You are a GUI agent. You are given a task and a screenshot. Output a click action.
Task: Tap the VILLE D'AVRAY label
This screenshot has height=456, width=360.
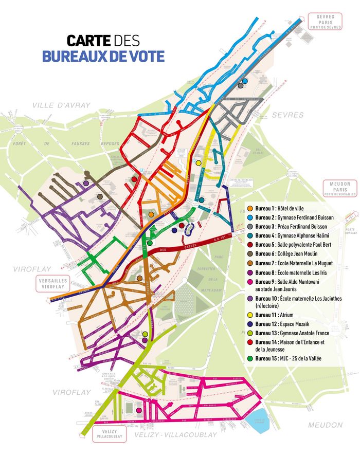point(61,105)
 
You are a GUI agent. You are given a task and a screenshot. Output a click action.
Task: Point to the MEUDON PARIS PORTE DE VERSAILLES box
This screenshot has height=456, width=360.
point(337,189)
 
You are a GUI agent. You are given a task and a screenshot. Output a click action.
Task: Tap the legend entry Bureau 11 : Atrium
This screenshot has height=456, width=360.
point(278,315)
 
